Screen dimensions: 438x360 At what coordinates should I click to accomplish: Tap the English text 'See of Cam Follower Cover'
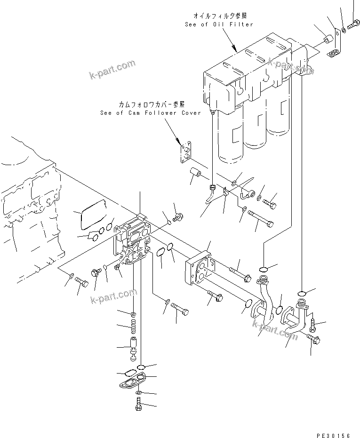(150, 113)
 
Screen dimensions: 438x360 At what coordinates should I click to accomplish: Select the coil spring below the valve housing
(134, 324)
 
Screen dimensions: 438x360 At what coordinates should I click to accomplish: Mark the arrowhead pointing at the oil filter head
(234, 47)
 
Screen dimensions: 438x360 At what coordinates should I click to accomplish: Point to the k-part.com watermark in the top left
(112, 70)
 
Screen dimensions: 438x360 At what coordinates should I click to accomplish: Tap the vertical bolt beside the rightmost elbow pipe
(312, 325)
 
